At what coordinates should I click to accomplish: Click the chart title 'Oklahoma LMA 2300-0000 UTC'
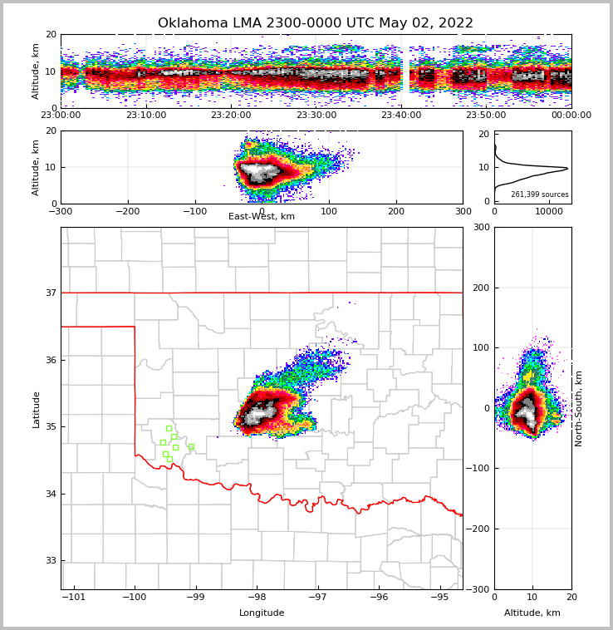click(x=315, y=23)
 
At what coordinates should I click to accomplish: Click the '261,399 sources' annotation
click(x=539, y=194)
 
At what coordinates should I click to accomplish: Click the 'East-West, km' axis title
click(x=262, y=217)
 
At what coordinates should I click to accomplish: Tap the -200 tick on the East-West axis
click(x=127, y=212)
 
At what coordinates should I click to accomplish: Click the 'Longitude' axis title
click(x=262, y=613)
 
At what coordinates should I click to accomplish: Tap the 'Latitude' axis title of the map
click(x=36, y=409)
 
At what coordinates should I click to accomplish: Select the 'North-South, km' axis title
click(x=579, y=408)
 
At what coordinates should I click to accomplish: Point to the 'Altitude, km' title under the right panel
click(x=532, y=613)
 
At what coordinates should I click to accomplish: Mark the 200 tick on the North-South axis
click(x=482, y=288)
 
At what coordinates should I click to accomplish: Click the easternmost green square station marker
click(x=191, y=446)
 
